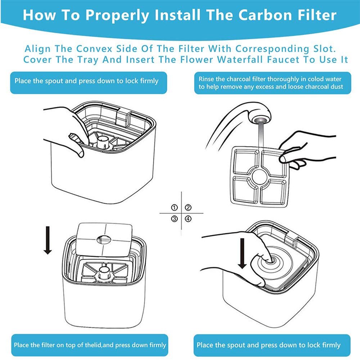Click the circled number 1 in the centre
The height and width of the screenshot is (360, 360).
(x=175, y=208)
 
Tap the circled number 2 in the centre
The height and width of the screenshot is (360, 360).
(x=188, y=208)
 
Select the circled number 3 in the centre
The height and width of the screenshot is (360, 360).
(x=175, y=219)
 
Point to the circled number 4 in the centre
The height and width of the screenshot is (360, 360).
(x=188, y=219)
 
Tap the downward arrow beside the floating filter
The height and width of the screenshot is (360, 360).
(x=48, y=240)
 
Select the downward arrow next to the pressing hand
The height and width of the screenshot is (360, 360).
(x=242, y=253)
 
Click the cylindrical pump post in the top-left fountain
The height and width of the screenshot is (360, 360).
(x=103, y=141)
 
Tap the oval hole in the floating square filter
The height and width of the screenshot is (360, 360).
(x=104, y=240)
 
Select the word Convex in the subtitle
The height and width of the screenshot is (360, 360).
(x=94, y=49)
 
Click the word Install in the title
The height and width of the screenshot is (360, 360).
(x=177, y=15)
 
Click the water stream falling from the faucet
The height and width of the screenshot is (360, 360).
(x=261, y=135)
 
